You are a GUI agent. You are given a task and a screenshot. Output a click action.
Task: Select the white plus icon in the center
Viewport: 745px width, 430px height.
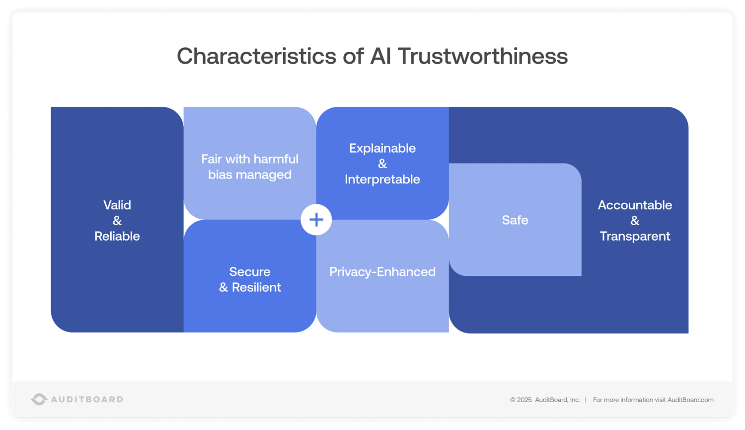click(x=316, y=220)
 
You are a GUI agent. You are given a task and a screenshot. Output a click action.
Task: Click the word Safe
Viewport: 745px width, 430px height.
click(x=515, y=220)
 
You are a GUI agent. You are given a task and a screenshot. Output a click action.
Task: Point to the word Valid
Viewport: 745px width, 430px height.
click(x=117, y=205)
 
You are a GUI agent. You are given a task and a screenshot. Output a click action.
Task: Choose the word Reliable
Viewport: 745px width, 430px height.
click(x=117, y=236)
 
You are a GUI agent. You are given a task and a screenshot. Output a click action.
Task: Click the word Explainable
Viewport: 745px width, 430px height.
click(x=382, y=148)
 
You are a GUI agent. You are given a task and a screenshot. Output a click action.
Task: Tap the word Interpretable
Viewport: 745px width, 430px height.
click(x=382, y=179)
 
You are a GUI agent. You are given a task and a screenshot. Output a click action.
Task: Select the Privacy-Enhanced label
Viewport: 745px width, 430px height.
click(x=382, y=272)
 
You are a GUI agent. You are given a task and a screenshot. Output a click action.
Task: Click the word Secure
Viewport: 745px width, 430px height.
click(x=250, y=272)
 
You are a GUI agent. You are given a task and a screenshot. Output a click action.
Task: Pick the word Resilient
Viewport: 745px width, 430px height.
click(x=256, y=287)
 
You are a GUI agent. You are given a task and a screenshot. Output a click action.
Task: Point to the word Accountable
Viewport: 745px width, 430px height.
click(x=635, y=205)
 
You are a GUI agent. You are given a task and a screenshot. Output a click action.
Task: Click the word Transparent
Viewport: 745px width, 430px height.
click(x=635, y=236)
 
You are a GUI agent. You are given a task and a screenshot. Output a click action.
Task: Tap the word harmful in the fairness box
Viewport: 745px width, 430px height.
click(x=276, y=159)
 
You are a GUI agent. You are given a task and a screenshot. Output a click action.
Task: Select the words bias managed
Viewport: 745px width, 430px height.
click(x=250, y=174)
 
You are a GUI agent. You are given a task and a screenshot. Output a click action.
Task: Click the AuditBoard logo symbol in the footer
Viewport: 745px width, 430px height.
click(x=39, y=399)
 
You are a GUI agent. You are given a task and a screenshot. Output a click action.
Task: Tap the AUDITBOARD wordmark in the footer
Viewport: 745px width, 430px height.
click(x=87, y=399)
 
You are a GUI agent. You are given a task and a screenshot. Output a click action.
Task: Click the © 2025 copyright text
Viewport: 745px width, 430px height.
click(x=521, y=400)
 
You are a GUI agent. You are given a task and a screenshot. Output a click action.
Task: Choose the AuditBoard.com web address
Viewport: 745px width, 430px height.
click(x=690, y=400)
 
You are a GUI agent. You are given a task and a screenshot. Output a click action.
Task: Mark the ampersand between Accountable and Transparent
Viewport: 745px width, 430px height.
click(x=635, y=220)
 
